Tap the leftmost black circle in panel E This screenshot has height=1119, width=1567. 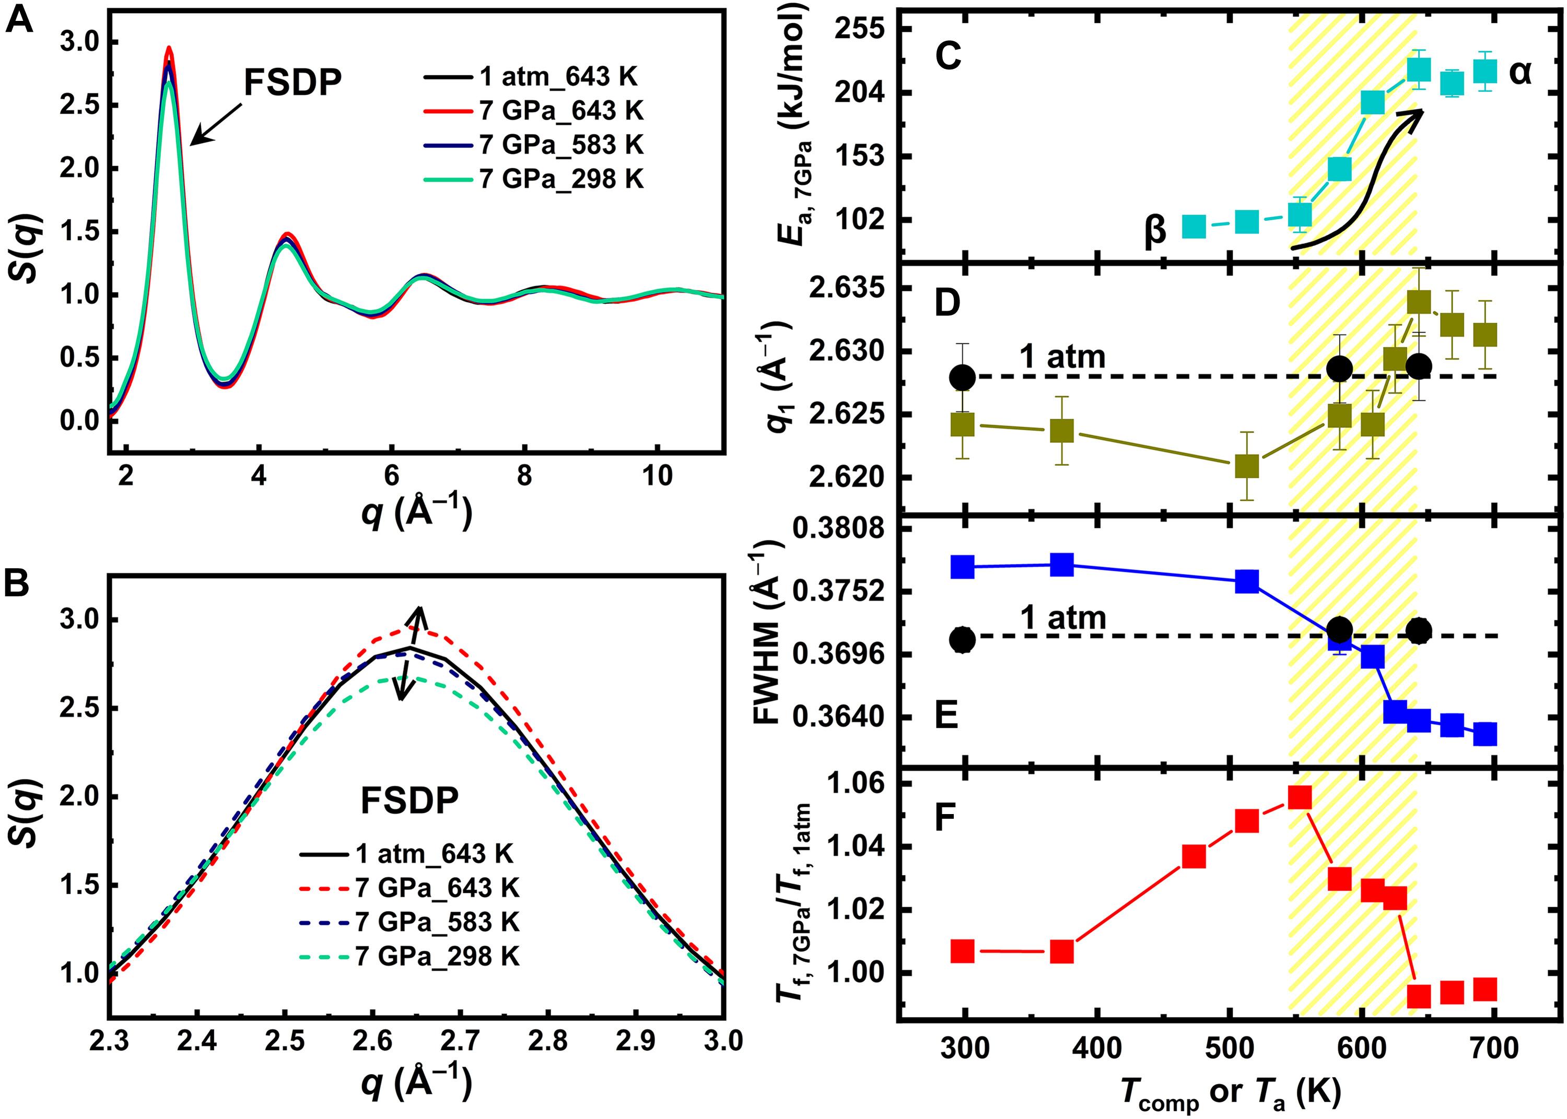962,640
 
